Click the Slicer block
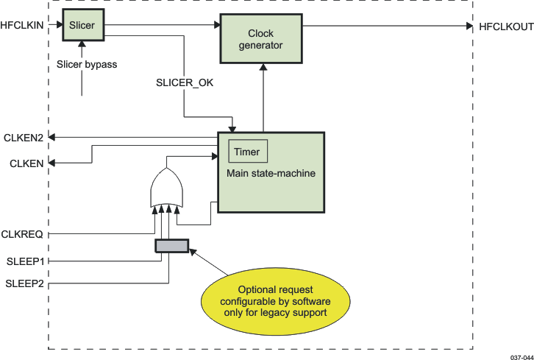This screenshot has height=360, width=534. coord(82,26)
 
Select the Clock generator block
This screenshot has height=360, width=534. coord(260,39)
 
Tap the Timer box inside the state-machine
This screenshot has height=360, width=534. coord(247,152)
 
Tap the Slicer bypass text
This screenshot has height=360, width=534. coord(87,64)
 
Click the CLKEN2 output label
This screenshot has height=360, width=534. coord(28,137)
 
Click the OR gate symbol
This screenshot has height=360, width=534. coord(165,188)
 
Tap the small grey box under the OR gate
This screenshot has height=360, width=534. coord(171,246)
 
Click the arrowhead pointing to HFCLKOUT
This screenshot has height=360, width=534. coord(469,26)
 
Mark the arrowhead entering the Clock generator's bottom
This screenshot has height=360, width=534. coord(263,67)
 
